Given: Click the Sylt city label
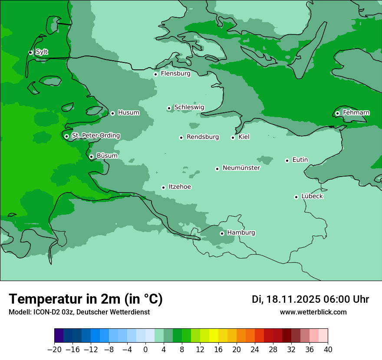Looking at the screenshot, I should pyautogui.click(x=42, y=52).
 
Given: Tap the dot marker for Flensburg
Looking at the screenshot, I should pyautogui.click(x=155, y=74).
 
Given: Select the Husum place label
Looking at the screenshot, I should pyautogui.click(x=128, y=113).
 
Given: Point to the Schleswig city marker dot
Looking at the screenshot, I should pyautogui.click(x=169, y=108).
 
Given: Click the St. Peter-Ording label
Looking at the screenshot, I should pyautogui.click(x=95, y=136).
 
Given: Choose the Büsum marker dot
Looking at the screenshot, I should pyautogui.click(x=91, y=157).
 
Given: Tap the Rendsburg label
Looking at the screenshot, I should pyautogui.click(x=203, y=137).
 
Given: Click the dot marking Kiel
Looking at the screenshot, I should pyautogui.click(x=233, y=137).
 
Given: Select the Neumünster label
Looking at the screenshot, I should pyautogui.click(x=241, y=168).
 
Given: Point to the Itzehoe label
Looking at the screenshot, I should pyautogui.click(x=180, y=187).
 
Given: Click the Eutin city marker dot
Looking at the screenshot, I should pyautogui.click(x=287, y=160).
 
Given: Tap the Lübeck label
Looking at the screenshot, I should pyautogui.click(x=312, y=196).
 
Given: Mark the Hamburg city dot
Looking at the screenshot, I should pyautogui.click(x=222, y=233).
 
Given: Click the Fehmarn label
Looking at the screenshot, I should pyautogui.click(x=356, y=113).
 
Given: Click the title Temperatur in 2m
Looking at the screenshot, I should pyautogui.click(x=86, y=299).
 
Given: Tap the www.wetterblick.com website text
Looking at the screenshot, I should pyautogui.click(x=313, y=312).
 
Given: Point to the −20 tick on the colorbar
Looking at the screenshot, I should pyautogui.click(x=54, y=350).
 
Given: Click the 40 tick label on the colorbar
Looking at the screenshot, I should pyautogui.click(x=328, y=350).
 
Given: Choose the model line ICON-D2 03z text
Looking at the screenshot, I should pyautogui.click(x=79, y=312).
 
